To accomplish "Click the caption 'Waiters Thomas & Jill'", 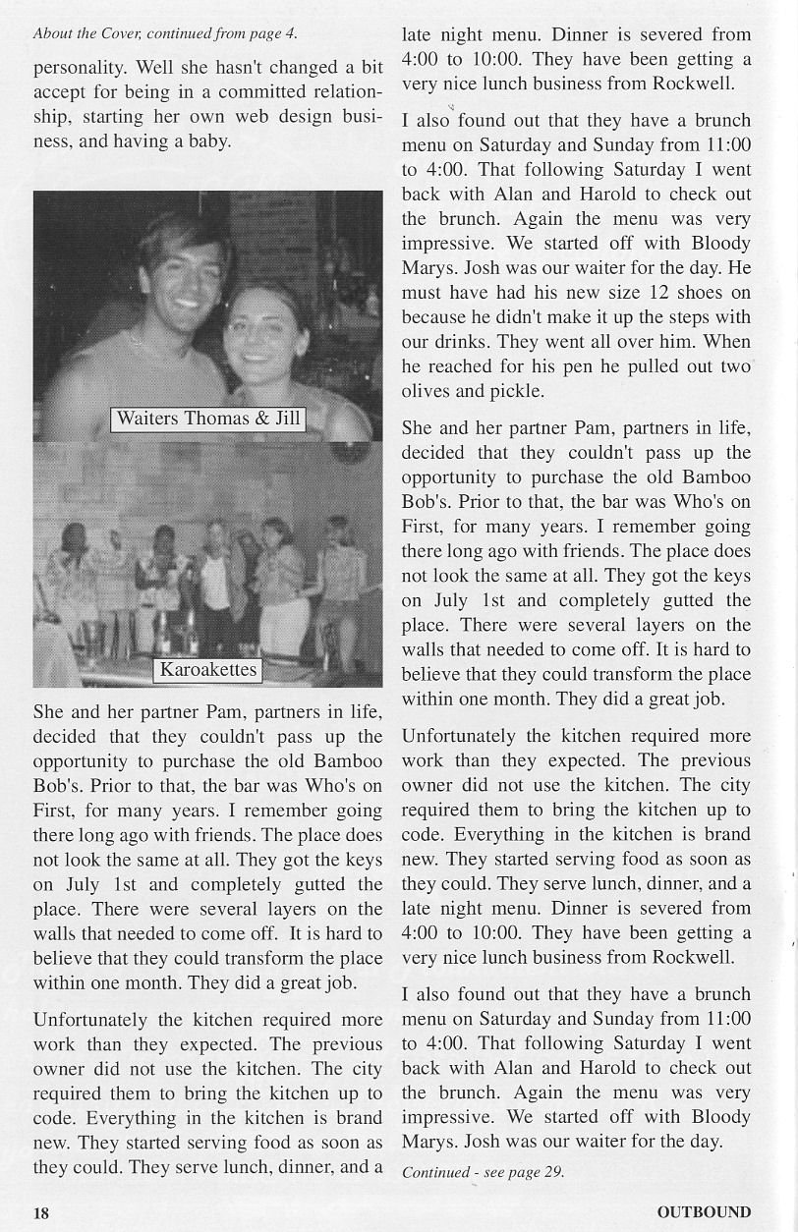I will (x=207, y=419).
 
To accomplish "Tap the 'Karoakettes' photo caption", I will (x=207, y=670).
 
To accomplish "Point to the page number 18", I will (x=40, y=1212).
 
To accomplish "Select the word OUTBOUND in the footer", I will (x=704, y=1212).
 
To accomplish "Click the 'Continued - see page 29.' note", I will (x=483, y=1172).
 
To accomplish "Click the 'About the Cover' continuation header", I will (x=165, y=33).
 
